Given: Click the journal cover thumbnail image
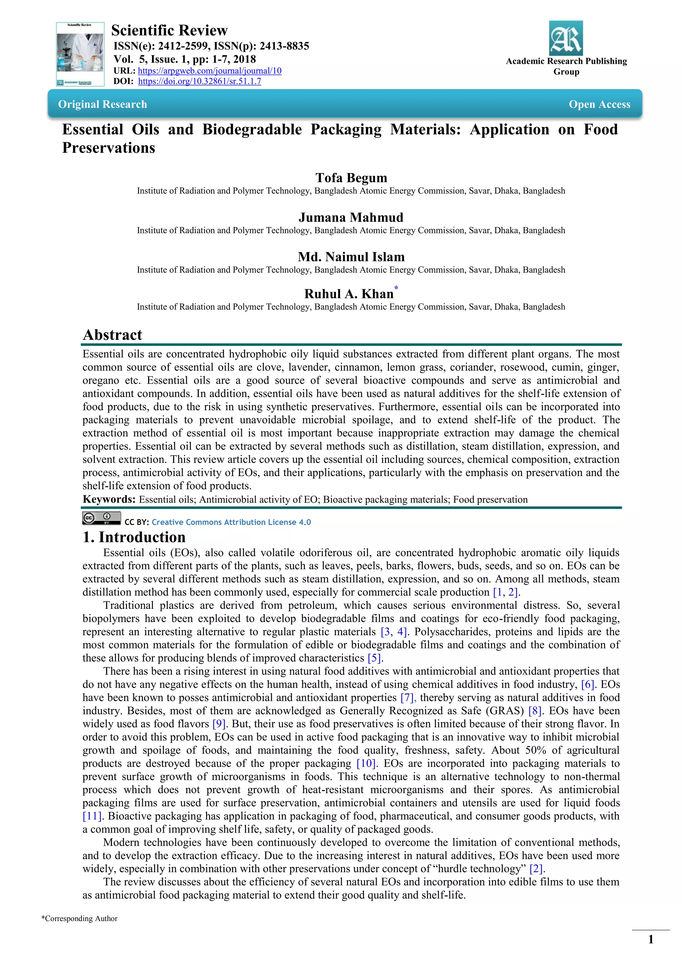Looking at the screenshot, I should point(80,54).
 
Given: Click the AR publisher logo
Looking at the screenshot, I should point(566,38).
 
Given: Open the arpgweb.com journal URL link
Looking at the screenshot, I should point(209,71).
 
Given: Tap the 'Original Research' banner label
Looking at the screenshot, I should point(103,104).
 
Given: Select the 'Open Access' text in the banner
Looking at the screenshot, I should point(599,104).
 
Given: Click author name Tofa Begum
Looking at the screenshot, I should point(351,178).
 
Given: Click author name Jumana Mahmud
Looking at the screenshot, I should point(351,217).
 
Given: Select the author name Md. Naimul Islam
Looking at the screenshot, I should point(351,257).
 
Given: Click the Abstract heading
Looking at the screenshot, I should point(113,335).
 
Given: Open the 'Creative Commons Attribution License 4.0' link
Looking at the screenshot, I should point(231,522).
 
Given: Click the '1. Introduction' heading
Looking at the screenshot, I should point(134,537).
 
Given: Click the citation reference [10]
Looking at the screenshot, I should point(367,763).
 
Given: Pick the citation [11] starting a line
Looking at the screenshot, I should point(92,816).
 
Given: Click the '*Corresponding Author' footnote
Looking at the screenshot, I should point(79,919).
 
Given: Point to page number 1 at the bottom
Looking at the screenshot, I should point(650,939).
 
